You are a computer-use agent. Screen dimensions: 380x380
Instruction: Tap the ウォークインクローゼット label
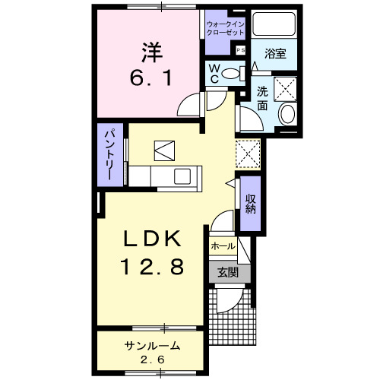tap(225, 29)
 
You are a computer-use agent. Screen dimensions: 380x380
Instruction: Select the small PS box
tap(241, 50)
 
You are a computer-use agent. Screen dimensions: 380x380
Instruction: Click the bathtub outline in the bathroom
tap(273, 26)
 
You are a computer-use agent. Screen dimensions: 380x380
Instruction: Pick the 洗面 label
tap(262, 98)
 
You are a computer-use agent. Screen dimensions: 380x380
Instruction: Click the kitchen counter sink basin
tap(183, 176)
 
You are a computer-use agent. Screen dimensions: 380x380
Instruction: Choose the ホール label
tap(223, 247)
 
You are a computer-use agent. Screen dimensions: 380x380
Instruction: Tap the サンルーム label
tap(152, 346)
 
